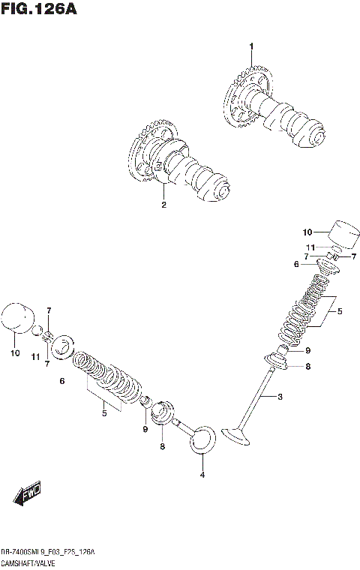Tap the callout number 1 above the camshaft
(251, 46)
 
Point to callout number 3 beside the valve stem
(280, 396)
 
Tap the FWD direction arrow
(26, 496)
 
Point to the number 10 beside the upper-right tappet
(307, 232)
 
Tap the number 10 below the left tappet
(13, 352)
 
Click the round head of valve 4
(202, 441)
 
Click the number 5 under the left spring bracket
(104, 412)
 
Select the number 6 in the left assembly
(61, 381)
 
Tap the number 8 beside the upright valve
(307, 367)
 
